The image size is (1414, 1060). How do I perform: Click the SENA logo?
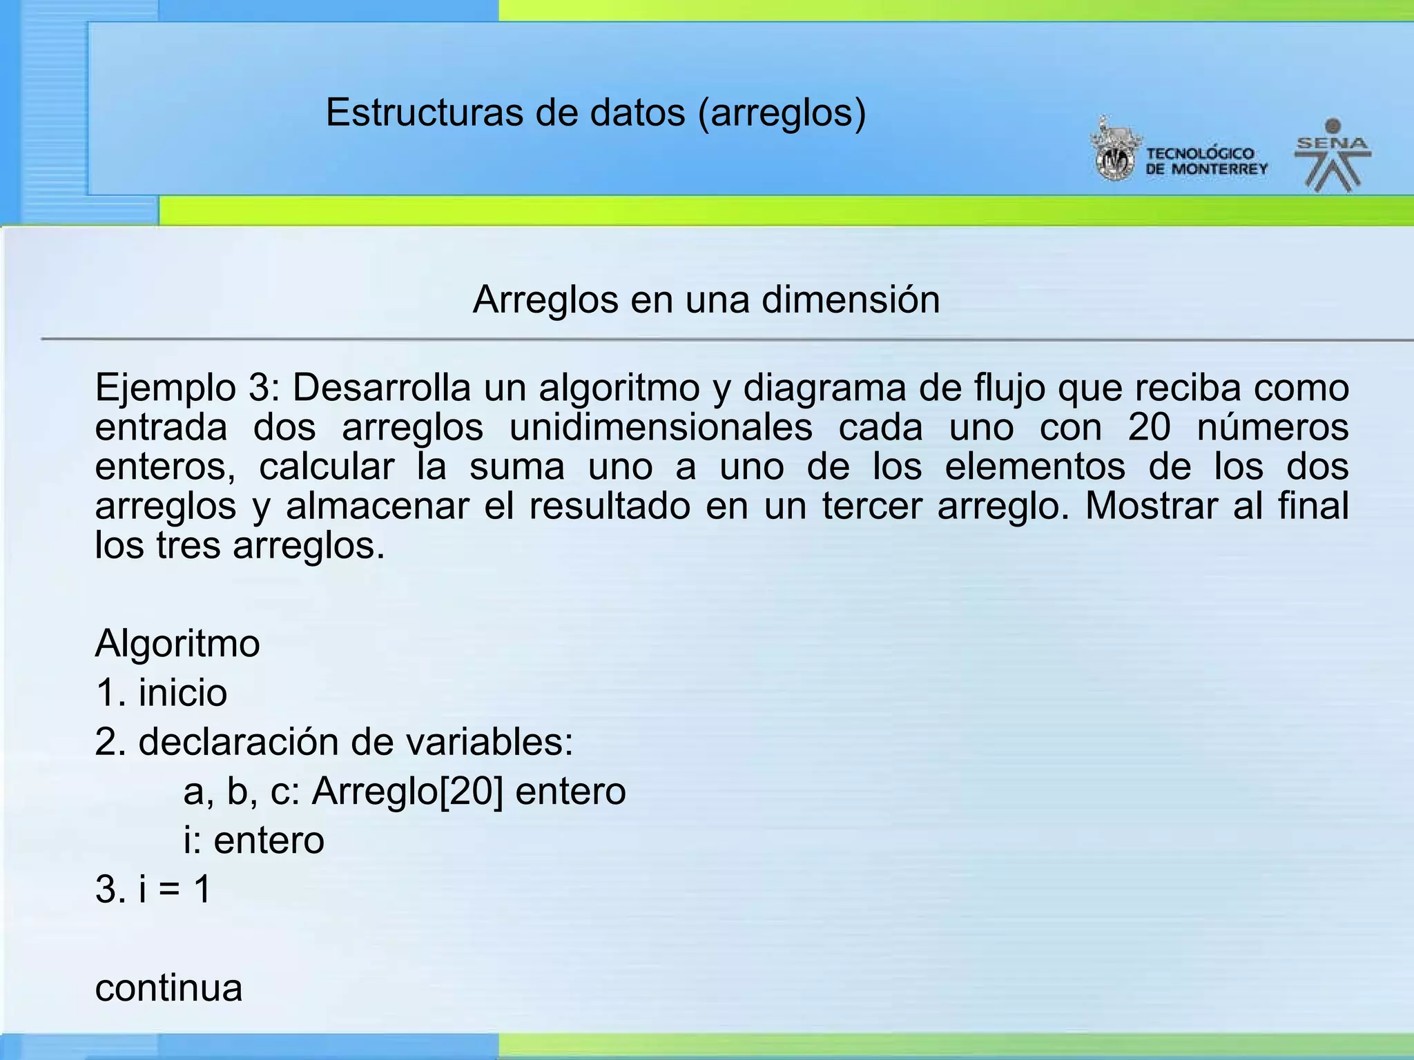tap(1333, 156)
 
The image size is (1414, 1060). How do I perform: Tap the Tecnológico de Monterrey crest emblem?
tap(1114, 150)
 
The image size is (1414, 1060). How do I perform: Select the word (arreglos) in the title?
tap(782, 112)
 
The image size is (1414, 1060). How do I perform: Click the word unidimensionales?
tap(661, 427)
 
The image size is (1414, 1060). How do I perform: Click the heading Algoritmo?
tap(177, 644)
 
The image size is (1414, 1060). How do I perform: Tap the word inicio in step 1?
tap(183, 693)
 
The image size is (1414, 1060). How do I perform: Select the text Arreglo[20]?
tap(407, 792)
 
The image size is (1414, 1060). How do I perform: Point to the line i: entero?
tap(254, 841)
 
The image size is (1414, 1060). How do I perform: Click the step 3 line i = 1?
tap(153, 890)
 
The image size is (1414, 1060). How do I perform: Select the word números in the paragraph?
tap(1272, 427)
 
